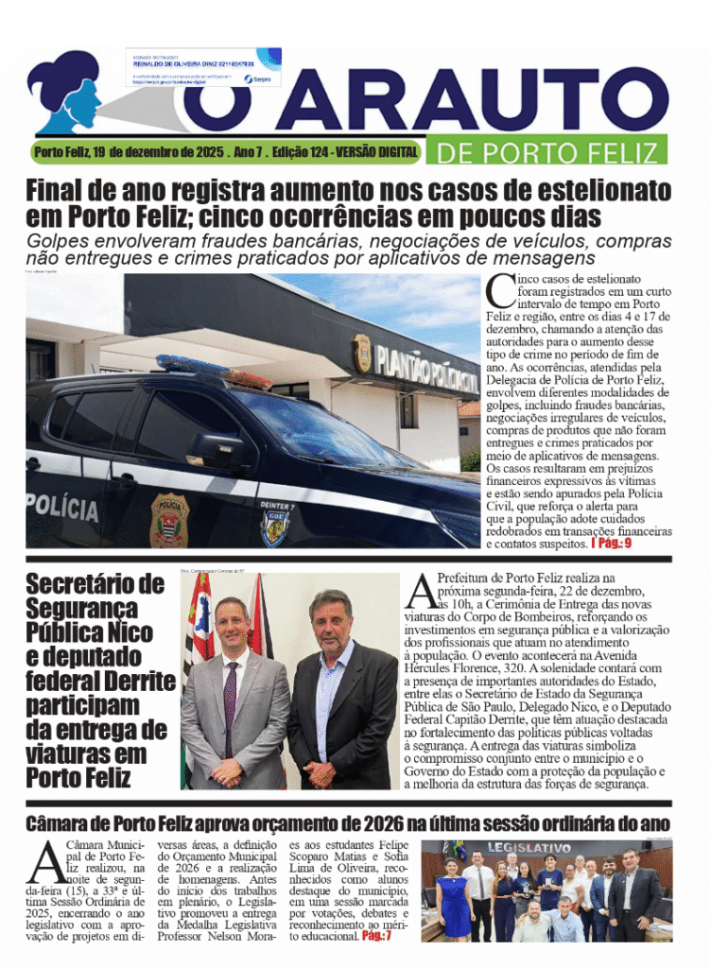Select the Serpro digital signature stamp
[203, 67]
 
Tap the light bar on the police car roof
[214, 371]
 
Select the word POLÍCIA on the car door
[62, 507]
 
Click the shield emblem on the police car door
[169, 519]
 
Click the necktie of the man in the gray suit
[230, 694]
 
